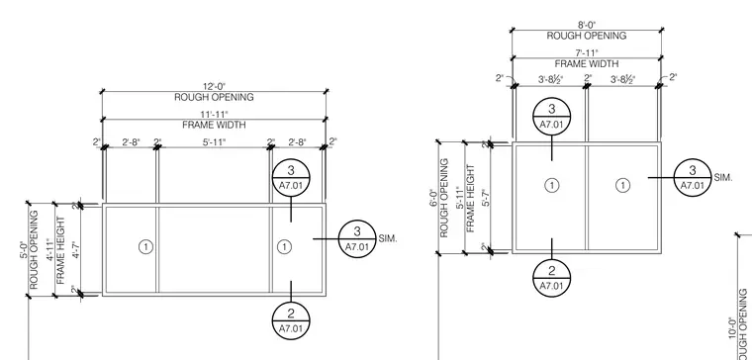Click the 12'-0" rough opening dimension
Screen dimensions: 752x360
pyautogui.click(x=214, y=87)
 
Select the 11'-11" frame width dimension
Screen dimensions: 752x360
pyautogui.click(x=214, y=115)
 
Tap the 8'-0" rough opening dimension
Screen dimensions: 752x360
pyautogui.click(x=587, y=26)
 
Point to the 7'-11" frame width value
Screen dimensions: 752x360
pyautogui.click(x=587, y=53)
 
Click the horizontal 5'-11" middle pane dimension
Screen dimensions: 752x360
pyautogui.click(x=214, y=141)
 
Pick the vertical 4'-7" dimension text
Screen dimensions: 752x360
pyautogui.click(x=75, y=249)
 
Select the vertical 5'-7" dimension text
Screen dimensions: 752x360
pyautogui.click(x=486, y=197)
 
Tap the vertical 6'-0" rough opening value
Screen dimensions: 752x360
pyautogui.click(x=433, y=197)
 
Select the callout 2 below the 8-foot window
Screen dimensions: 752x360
pyautogui.click(x=551, y=278)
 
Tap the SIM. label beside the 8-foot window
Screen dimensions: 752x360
pyautogui.click(x=723, y=177)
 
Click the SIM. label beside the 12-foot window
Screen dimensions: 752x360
pyautogui.click(x=388, y=238)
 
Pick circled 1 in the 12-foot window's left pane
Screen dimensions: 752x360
pyautogui.click(x=145, y=247)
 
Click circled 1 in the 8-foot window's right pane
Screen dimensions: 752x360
pyautogui.click(x=622, y=186)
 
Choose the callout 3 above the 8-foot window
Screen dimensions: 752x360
pyautogui.click(x=551, y=117)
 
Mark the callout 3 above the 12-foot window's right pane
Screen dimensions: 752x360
pyautogui.click(x=291, y=178)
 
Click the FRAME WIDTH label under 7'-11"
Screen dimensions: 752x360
pyautogui.click(x=587, y=63)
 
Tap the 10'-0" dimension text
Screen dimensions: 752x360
pyautogui.click(x=732, y=328)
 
